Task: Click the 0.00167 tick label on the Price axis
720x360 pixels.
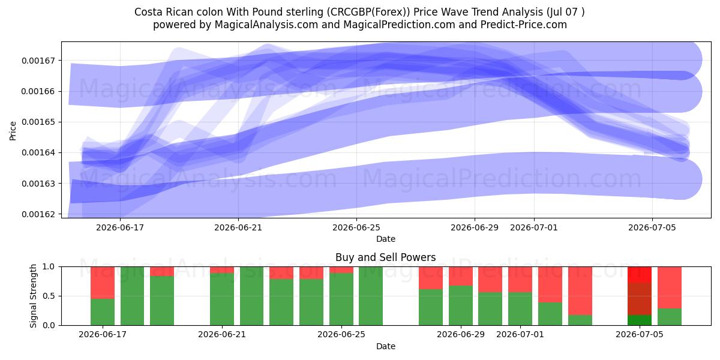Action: click(38, 61)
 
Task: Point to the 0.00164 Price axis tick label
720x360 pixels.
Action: click(38, 152)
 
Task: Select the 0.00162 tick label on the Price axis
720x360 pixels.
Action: click(38, 214)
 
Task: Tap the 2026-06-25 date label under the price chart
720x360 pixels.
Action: click(356, 227)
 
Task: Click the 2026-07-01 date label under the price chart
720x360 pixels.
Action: click(534, 227)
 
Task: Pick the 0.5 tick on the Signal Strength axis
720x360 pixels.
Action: click(49, 296)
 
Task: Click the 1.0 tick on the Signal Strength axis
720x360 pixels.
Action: click(49, 267)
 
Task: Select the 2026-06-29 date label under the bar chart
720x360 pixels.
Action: click(461, 335)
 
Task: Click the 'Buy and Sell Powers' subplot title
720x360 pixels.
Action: click(385, 257)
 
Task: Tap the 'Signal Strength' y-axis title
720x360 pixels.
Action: click(33, 296)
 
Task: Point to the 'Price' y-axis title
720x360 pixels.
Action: click(13, 131)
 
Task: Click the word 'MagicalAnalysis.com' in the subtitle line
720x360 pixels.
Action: click(266, 25)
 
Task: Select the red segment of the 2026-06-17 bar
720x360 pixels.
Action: click(103, 283)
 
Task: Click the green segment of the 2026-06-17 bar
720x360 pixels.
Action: click(103, 312)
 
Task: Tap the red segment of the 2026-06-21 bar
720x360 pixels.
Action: click(222, 270)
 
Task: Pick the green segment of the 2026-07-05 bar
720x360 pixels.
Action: click(640, 320)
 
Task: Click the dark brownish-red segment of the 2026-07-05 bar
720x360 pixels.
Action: click(640, 299)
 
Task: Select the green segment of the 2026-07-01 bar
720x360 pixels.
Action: click(520, 309)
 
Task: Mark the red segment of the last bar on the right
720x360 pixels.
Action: click(670, 287)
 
